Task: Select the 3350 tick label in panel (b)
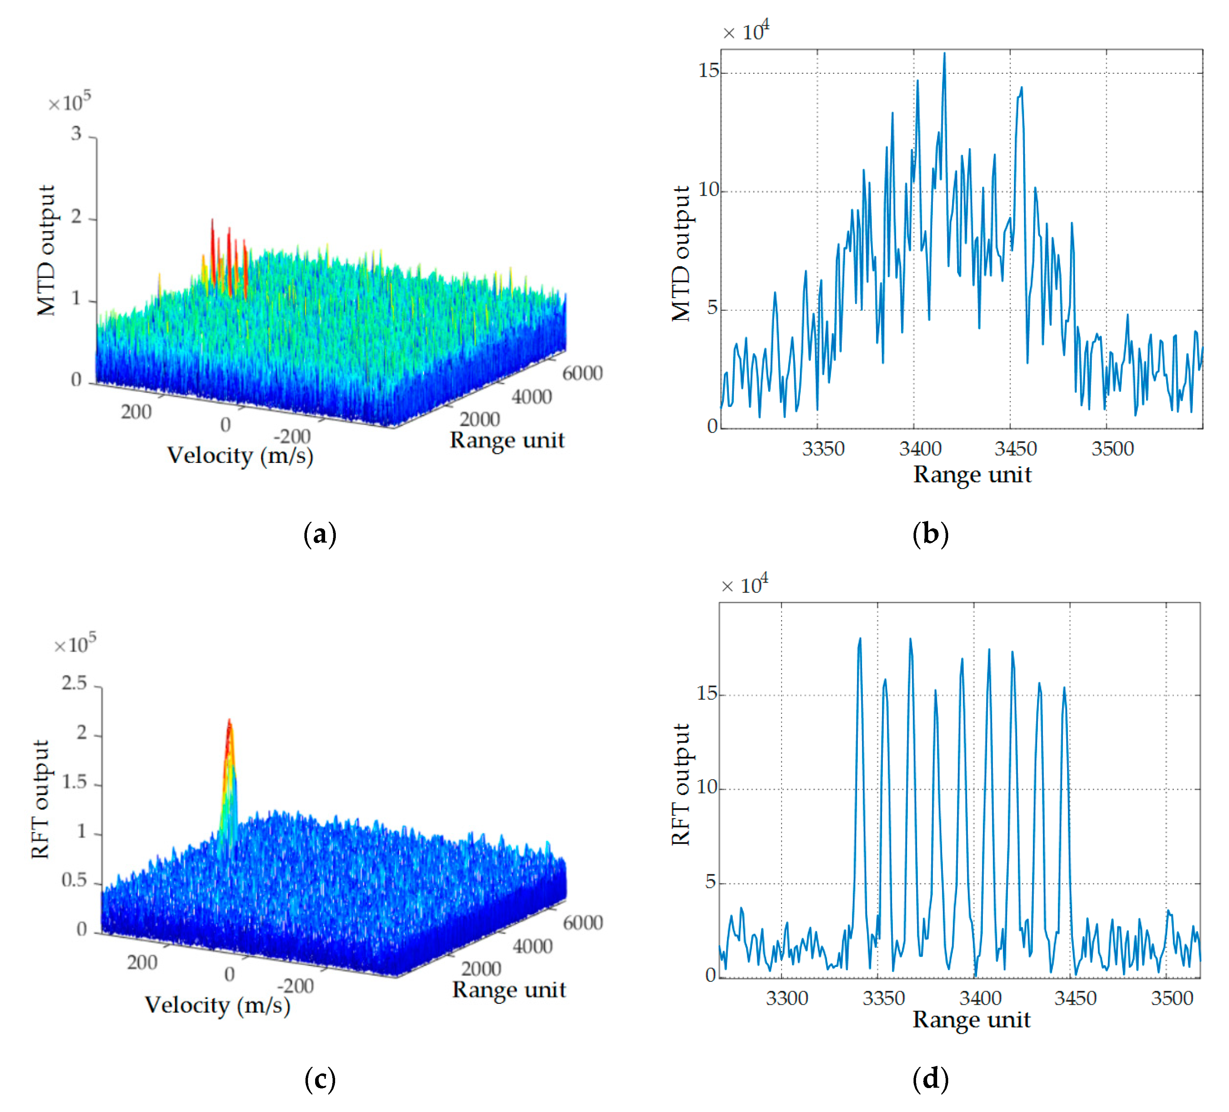click(x=823, y=449)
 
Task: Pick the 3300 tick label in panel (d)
click(x=786, y=998)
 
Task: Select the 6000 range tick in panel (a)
click(x=582, y=373)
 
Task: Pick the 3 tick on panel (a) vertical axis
click(x=76, y=133)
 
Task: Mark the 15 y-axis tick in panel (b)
click(x=708, y=71)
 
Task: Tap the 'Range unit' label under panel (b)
click(x=972, y=474)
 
